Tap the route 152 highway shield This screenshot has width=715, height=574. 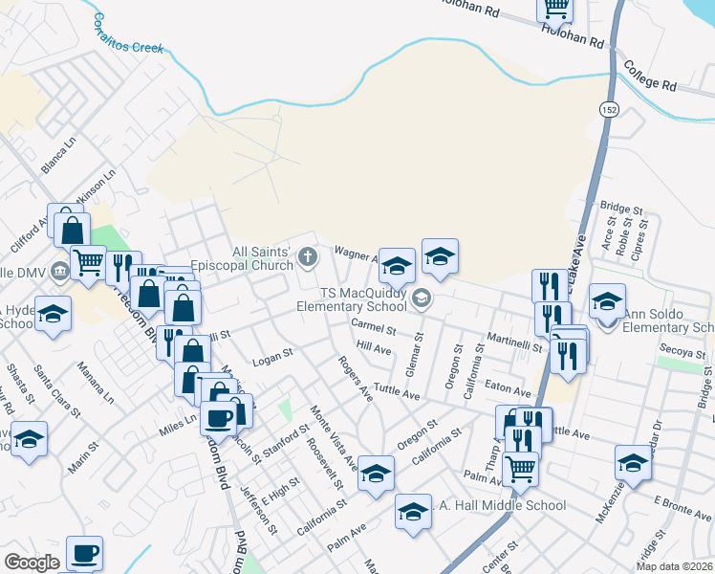[x=609, y=110]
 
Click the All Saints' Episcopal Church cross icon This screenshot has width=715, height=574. [x=308, y=256]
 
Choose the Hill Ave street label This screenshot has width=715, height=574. [x=374, y=350]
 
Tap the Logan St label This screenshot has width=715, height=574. [x=271, y=362]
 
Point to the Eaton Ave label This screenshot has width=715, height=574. [x=508, y=391]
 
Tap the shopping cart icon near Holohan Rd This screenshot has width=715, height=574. [x=554, y=9]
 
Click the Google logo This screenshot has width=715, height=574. [x=32, y=563]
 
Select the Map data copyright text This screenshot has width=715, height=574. [x=675, y=566]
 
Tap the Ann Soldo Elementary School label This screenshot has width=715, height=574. [x=667, y=320]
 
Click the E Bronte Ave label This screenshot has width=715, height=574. [x=682, y=506]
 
